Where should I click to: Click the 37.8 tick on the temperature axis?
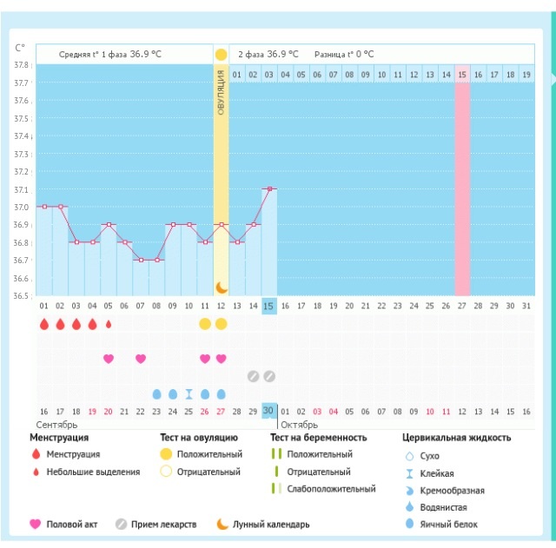[22, 65]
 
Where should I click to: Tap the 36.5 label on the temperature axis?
[22, 296]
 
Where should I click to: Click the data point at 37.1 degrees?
[269, 188]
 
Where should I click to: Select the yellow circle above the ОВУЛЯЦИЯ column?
[221, 54]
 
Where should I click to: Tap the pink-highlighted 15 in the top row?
[462, 76]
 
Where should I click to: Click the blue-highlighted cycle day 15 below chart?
[269, 306]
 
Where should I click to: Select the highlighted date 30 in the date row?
[269, 411]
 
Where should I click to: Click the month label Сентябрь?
[57, 425]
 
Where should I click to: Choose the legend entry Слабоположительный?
[332, 489]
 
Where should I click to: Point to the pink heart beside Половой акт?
[35, 525]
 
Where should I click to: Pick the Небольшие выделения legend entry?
[93, 472]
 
